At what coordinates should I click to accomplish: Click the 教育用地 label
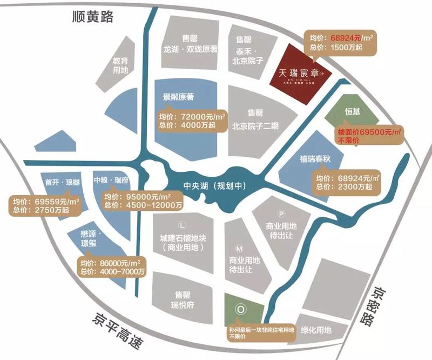tap(120, 65)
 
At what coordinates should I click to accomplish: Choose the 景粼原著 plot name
tap(179, 98)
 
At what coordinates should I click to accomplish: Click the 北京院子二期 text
tap(255, 128)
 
